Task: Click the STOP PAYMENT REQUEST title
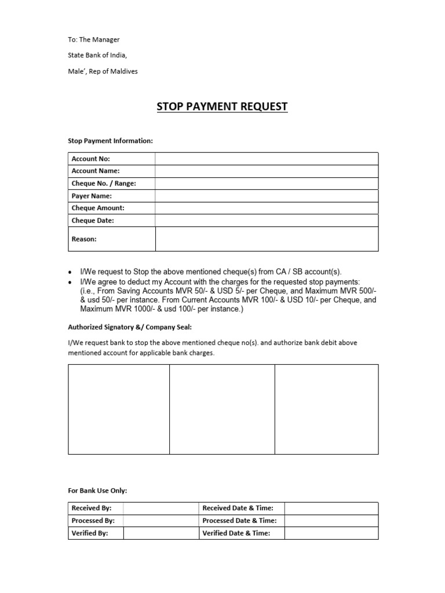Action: [222, 107]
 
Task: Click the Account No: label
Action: [90, 159]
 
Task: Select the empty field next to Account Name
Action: [267, 171]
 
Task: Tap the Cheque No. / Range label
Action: [104, 184]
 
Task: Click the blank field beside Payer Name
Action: [267, 196]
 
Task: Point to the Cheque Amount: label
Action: [98, 208]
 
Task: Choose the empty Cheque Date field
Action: [267, 221]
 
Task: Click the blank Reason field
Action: [267, 239]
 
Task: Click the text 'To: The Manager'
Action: [94, 39]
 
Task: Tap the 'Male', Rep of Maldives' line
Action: [103, 71]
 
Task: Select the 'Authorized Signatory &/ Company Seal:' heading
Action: [126, 326]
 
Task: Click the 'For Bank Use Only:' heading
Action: [97, 490]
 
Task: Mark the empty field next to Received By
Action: [161, 508]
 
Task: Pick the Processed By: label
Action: [93, 521]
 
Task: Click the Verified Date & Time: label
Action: [236, 533]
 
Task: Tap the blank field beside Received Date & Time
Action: [331, 508]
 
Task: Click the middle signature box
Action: [222, 409]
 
